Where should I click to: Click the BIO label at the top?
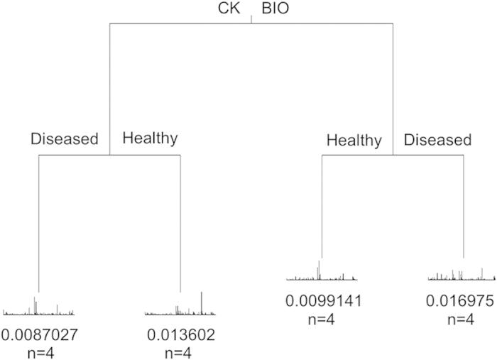pos(277,10)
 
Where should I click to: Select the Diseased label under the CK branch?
pos(64,138)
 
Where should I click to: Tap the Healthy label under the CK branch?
pos(150,138)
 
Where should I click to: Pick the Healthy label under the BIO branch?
pos(354,140)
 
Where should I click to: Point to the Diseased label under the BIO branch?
pos(437,140)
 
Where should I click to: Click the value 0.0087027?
pos(39,334)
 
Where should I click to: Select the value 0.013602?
pos(181,334)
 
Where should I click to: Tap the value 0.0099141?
pos(324,300)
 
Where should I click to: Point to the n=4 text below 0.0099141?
pos(322,317)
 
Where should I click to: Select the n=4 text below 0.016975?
pos(463,317)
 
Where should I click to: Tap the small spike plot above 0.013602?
pos(180,307)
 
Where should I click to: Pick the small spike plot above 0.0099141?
pos(322,275)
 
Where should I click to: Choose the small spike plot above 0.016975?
pos(462,276)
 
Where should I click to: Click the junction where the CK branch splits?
pos(109,154)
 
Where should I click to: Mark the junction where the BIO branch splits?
pos(393,154)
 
